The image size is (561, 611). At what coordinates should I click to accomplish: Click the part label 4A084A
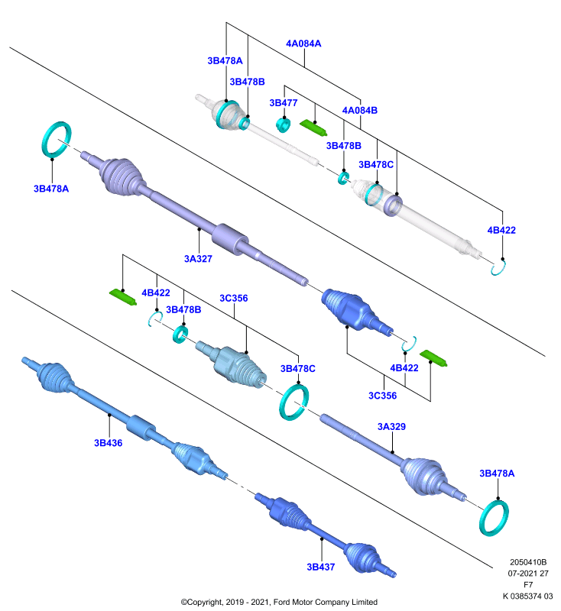303,44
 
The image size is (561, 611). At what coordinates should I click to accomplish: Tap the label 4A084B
359,110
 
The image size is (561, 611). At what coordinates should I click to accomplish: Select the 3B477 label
283,103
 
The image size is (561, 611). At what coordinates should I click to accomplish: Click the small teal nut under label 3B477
283,124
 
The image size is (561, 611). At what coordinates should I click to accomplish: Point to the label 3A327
198,259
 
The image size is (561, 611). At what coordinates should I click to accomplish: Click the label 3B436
108,443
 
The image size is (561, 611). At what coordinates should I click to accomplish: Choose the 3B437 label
320,567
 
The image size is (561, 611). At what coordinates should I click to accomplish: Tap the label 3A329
391,427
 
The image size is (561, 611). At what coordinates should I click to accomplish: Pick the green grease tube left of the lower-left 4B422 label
123,297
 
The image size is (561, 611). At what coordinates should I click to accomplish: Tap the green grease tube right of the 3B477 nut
313,128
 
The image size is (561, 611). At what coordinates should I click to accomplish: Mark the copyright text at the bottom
279,602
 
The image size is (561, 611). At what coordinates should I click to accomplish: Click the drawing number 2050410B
528,562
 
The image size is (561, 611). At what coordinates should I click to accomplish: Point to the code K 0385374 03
528,596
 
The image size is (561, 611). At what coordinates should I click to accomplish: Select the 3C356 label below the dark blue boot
382,396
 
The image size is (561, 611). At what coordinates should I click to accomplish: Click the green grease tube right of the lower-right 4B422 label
433,358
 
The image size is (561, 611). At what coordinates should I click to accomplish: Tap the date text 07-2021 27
528,574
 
